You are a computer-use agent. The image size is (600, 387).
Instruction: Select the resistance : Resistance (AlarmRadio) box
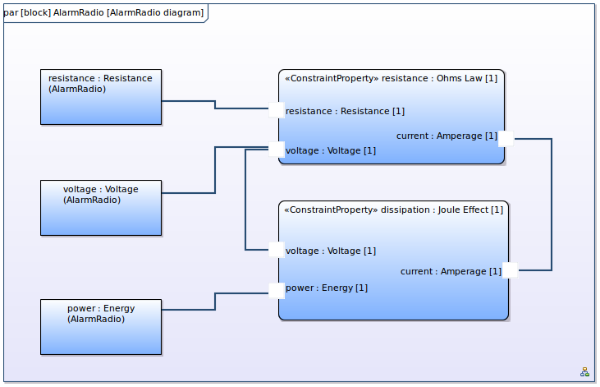pyautogui.click(x=101, y=97)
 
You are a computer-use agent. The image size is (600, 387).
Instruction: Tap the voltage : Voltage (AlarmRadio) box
pyautogui.click(x=101, y=208)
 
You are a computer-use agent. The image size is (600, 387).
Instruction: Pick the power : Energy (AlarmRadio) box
pyautogui.click(x=101, y=327)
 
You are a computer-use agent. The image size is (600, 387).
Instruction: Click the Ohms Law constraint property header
pyautogui.click(x=391, y=79)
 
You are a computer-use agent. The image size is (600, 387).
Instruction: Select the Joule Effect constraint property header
pyautogui.click(x=393, y=210)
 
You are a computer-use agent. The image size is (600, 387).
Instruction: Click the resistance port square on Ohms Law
pyautogui.click(x=277, y=110)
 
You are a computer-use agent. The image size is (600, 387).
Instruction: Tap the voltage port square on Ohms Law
pyautogui.click(x=277, y=149)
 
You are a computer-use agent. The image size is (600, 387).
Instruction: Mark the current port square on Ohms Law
pyautogui.click(x=506, y=139)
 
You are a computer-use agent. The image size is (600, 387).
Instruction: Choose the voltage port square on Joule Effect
pyautogui.click(x=277, y=250)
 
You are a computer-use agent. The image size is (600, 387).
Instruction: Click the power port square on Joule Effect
pyautogui.click(x=277, y=290)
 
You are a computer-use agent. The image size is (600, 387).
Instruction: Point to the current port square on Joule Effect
pyautogui.click(x=510, y=270)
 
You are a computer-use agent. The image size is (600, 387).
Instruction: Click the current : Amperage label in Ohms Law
pyautogui.click(x=447, y=136)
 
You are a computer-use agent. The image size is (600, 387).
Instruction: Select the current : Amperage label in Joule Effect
pyautogui.click(x=451, y=272)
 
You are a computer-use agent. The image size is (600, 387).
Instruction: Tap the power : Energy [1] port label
pyautogui.click(x=327, y=288)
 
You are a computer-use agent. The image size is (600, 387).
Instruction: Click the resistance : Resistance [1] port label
pyautogui.click(x=345, y=112)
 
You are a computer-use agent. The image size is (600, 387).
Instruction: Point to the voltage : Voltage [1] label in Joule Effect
pyautogui.click(x=331, y=251)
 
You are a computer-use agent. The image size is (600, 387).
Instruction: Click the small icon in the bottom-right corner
pyautogui.click(x=584, y=372)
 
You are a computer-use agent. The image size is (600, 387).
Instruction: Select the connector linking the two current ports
pyautogui.click(x=552, y=205)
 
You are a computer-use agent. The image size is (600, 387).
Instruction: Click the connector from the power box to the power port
pyautogui.click(x=215, y=302)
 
